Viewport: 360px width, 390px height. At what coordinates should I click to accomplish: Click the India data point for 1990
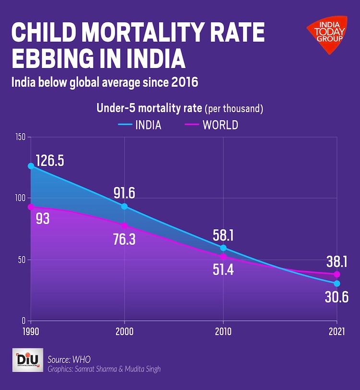(x=31, y=166)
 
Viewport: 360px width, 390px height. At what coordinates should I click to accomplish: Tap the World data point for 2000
(x=125, y=226)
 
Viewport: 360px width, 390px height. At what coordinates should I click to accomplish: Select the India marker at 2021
(x=337, y=283)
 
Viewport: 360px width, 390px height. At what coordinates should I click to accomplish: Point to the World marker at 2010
(x=223, y=256)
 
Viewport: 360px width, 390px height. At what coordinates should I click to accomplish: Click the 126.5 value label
(x=50, y=160)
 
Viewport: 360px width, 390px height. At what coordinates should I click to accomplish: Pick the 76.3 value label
(x=124, y=239)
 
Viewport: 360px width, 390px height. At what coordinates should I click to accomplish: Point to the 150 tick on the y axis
(x=19, y=137)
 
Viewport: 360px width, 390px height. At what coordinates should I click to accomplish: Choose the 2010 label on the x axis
(x=223, y=331)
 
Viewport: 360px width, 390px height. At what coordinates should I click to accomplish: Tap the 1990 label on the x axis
(x=31, y=331)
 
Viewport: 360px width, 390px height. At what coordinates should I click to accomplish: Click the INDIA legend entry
(x=139, y=125)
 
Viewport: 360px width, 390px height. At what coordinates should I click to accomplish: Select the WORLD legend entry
(x=211, y=125)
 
